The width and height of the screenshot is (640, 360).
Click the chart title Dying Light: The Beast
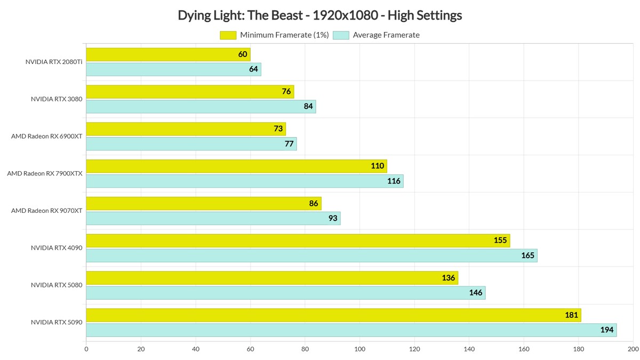point(320,15)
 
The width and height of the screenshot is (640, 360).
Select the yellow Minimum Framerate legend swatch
point(228,35)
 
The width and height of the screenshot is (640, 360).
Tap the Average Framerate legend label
point(386,35)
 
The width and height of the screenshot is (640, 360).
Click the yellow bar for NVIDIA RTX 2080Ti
point(168,54)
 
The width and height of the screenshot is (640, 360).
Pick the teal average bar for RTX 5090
point(351,330)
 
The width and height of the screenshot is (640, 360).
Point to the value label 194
point(606,330)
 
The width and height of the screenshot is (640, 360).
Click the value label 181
point(571,315)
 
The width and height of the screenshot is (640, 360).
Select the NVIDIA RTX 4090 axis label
point(57,248)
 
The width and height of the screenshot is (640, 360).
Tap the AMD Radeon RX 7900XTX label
point(45,173)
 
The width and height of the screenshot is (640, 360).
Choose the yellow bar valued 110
point(236,166)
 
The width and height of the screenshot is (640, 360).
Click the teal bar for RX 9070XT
point(213,218)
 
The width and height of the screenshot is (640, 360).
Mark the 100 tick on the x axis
point(359,350)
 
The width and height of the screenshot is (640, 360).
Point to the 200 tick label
point(633,350)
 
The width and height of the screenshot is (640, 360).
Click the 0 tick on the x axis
point(86,350)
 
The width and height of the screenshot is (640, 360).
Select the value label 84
point(308,107)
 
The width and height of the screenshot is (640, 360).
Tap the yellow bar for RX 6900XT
point(186,129)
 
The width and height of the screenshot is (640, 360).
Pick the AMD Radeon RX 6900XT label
point(47,136)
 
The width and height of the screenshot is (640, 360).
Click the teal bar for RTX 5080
point(285,293)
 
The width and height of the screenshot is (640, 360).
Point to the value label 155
point(500,241)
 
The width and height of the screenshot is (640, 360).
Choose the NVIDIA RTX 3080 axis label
point(57,99)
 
